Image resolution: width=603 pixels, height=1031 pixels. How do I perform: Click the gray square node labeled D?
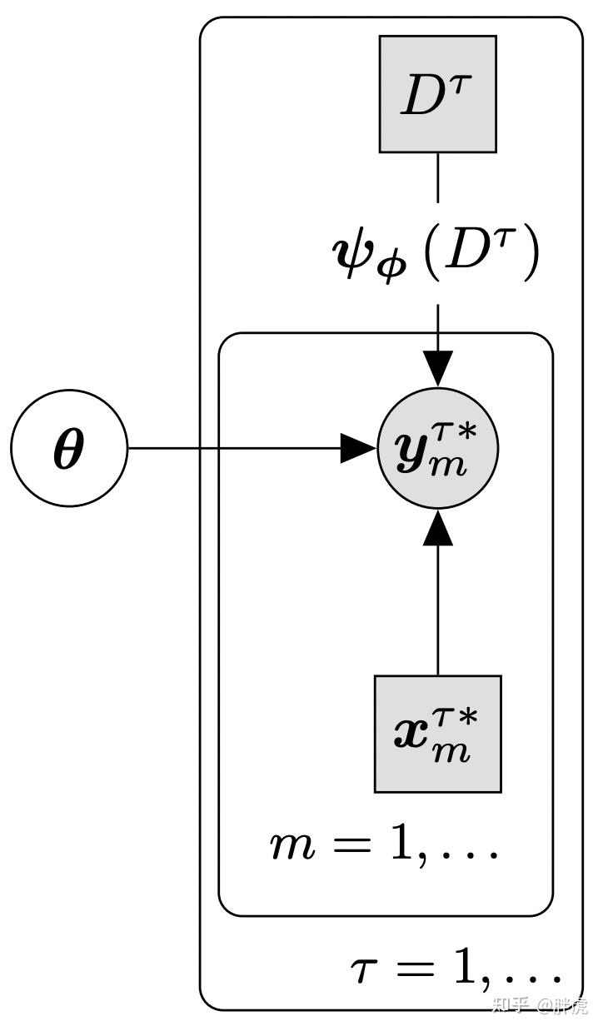[437, 94]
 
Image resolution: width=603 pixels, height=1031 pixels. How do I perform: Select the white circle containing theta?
[69, 449]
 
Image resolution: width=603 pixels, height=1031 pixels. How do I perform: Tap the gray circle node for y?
[437, 449]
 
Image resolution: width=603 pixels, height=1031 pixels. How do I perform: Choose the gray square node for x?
[437, 734]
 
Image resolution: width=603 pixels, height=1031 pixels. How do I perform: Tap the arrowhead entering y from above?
[437, 369]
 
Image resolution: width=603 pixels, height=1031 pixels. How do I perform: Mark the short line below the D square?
[437, 178]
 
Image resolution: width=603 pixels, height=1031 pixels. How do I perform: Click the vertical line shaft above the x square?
[437, 608]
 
